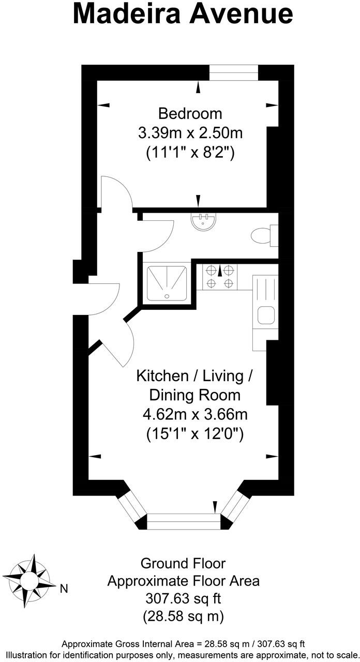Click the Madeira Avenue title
[183, 14]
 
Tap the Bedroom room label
[190, 113]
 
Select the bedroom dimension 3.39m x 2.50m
[190, 133]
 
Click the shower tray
[167, 283]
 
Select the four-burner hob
[220, 276]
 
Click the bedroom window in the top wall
[233, 73]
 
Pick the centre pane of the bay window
[184, 521]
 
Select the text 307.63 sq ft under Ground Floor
[183, 599]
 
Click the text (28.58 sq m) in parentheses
[183, 616]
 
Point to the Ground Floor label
[183, 563]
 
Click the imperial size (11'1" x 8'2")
[190, 153]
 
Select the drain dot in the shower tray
[167, 296]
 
